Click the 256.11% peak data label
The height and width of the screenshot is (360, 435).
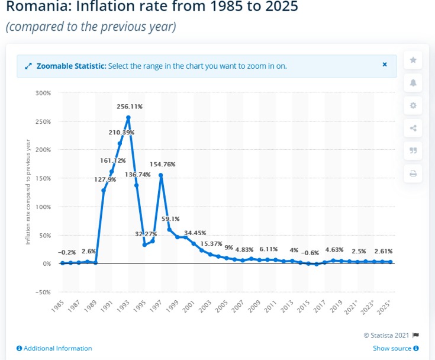[128, 107]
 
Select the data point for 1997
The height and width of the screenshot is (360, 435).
[161, 175]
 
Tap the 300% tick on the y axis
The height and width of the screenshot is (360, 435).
[43, 93]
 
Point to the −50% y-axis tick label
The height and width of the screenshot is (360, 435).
[42, 292]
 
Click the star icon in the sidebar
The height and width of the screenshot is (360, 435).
[413, 60]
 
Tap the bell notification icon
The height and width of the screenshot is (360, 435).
[413, 83]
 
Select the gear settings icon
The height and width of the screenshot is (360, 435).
[413, 105]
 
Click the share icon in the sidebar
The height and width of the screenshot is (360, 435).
[413, 128]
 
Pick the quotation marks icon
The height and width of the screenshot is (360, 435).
[413, 150]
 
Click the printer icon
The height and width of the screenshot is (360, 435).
[413, 173]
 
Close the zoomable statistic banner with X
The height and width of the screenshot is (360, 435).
[385, 65]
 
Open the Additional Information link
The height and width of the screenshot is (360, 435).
[54, 348]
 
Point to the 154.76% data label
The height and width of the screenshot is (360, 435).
[162, 164]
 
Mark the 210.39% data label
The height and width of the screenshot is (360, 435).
[121, 132]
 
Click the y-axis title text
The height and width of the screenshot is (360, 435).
[27, 193]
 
